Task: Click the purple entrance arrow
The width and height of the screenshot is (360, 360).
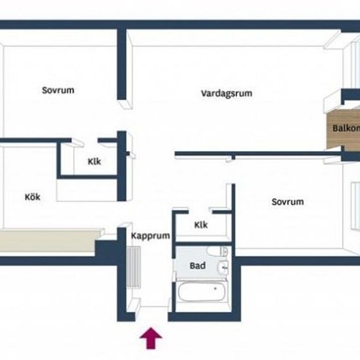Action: tap(151, 338)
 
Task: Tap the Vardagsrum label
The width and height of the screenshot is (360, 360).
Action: tap(226, 94)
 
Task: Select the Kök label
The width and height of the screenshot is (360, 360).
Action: tap(32, 197)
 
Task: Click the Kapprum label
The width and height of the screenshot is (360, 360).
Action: tap(151, 236)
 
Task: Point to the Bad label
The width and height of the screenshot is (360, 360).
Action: tap(198, 266)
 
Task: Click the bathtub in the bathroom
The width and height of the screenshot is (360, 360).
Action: tap(202, 291)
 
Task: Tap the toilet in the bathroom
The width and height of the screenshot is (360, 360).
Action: tap(217, 251)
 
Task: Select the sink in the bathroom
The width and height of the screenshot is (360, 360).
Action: tap(223, 268)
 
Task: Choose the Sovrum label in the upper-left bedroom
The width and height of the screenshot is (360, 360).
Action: tap(58, 90)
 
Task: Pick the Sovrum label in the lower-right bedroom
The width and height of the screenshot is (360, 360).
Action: tap(287, 202)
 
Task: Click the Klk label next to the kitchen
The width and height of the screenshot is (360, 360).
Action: tap(94, 162)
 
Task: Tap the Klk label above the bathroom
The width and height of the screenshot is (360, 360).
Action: tap(201, 225)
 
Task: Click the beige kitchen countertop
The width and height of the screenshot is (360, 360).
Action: tap(49, 240)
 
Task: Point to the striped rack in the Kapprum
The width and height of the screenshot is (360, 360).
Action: tap(134, 267)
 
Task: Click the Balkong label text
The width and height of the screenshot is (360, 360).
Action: tap(346, 128)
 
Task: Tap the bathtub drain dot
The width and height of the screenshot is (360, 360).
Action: tap(215, 289)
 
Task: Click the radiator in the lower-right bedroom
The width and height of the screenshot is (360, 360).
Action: tap(355, 206)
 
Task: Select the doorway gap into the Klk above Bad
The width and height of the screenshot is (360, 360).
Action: tap(199, 211)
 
